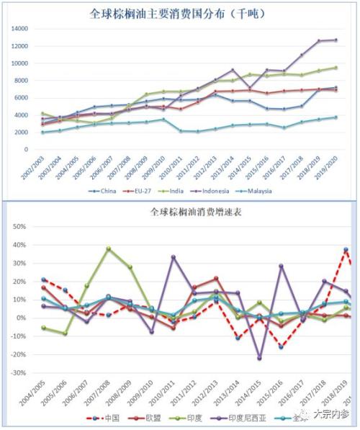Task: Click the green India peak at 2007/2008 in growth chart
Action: [x=108, y=248]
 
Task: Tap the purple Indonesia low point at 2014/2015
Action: [x=260, y=358]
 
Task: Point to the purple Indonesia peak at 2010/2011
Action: [x=173, y=257]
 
